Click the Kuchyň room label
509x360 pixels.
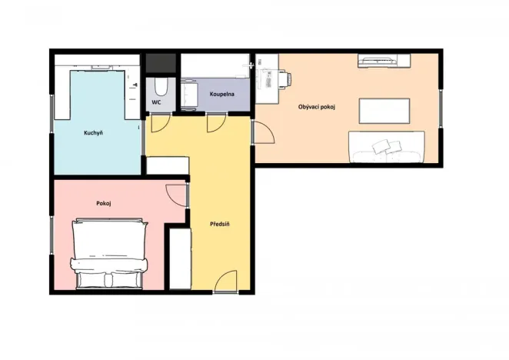(93, 132)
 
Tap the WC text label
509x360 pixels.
(156, 102)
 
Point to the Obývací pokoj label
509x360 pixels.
(317, 106)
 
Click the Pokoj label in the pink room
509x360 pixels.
(105, 203)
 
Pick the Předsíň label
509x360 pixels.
(221, 225)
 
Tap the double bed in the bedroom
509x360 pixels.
(108, 254)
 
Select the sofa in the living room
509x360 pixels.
(387, 148)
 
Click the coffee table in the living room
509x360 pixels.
(385, 111)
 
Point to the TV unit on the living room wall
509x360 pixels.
(378, 59)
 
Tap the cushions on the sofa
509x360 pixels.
(388, 145)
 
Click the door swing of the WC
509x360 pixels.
(161, 122)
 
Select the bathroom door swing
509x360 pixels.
(216, 122)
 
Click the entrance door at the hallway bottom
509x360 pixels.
(226, 283)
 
